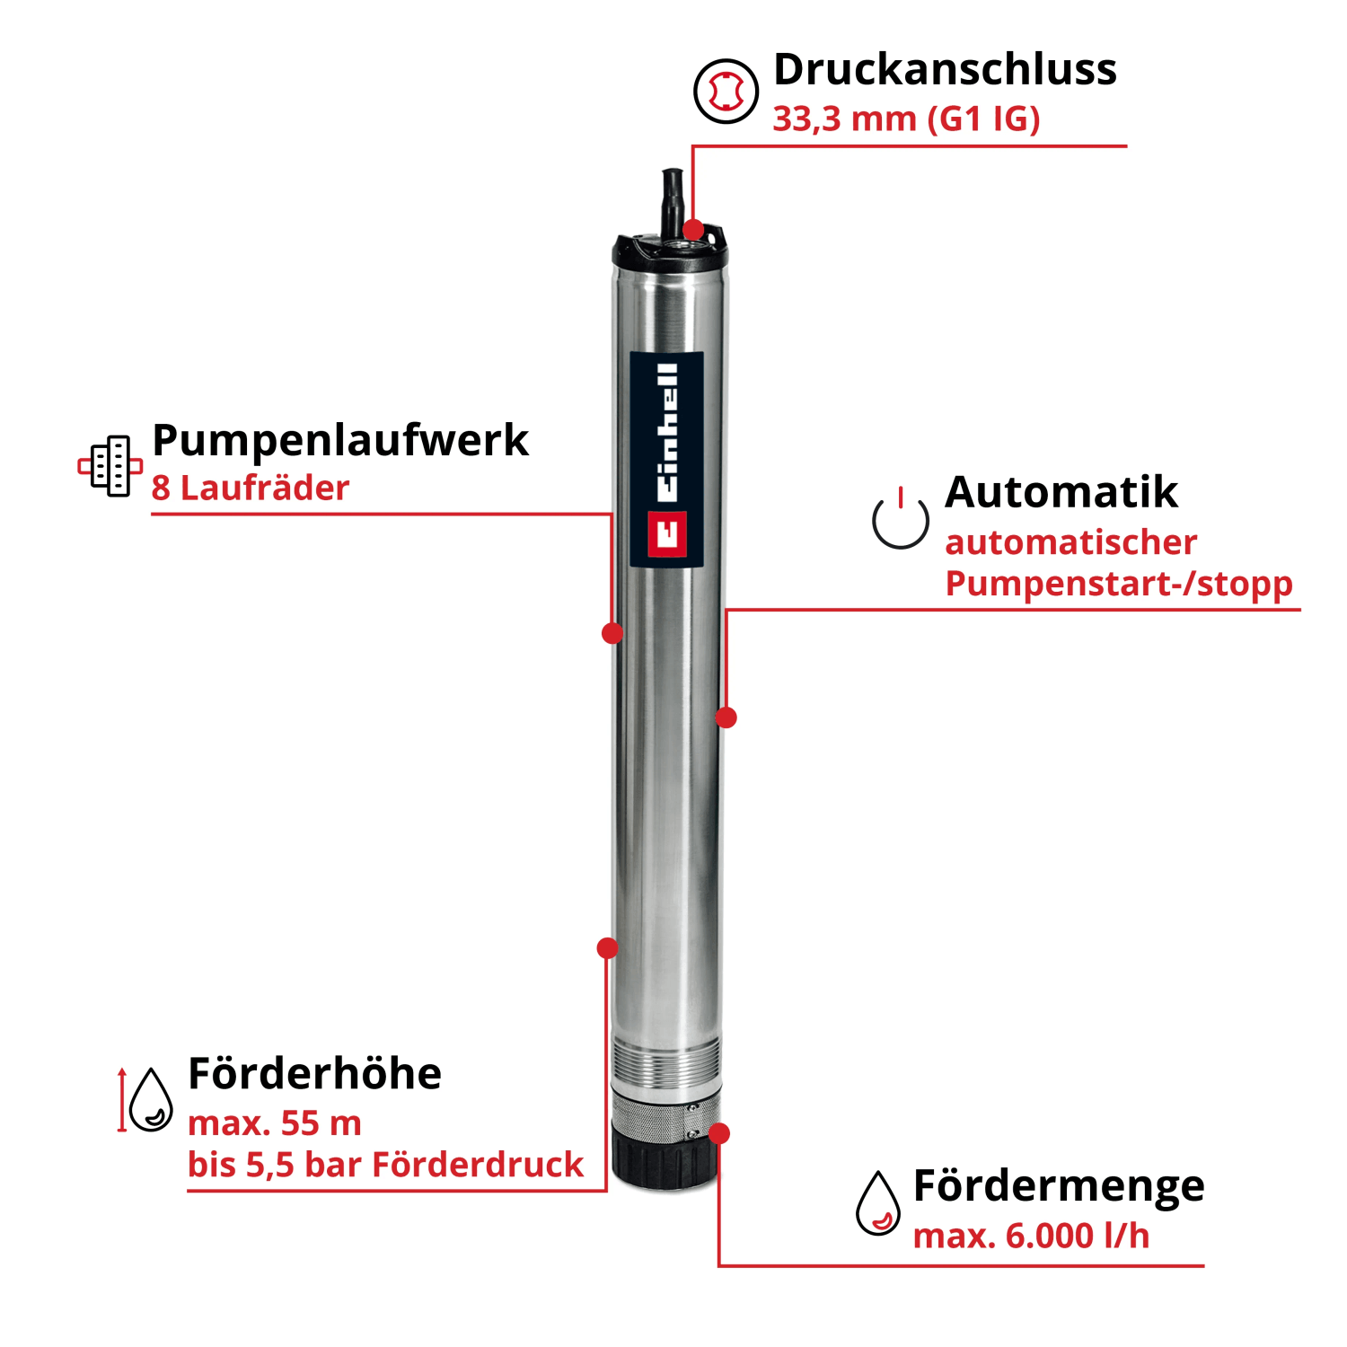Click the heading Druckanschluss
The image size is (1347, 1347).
(x=945, y=70)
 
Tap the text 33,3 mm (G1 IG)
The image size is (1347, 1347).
(x=906, y=119)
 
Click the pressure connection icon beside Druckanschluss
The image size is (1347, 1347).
(x=726, y=91)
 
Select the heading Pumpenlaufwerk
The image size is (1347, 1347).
(x=340, y=442)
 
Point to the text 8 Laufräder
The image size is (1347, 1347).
(x=251, y=489)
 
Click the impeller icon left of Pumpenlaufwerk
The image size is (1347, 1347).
(x=110, y=466)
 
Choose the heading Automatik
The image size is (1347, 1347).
(x=1061, y=492)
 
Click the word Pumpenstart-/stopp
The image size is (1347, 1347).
(x=1119, y=585)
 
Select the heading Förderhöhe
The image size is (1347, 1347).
(x=315, y=1073)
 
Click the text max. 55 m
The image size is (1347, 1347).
(x=275, y=1123)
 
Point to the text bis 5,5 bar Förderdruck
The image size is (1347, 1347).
(x=385, y=1165)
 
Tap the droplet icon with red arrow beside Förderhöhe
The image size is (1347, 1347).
(x=146, y=1099)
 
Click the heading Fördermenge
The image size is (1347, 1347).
(x=1059, y=1187)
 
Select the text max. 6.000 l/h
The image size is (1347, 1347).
(x=1031, y=1237)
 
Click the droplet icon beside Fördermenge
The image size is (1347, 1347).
(x=878, y=1203)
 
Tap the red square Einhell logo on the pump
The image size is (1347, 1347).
(x=667, y=534)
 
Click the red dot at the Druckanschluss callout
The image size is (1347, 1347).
(x=693, y=229)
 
